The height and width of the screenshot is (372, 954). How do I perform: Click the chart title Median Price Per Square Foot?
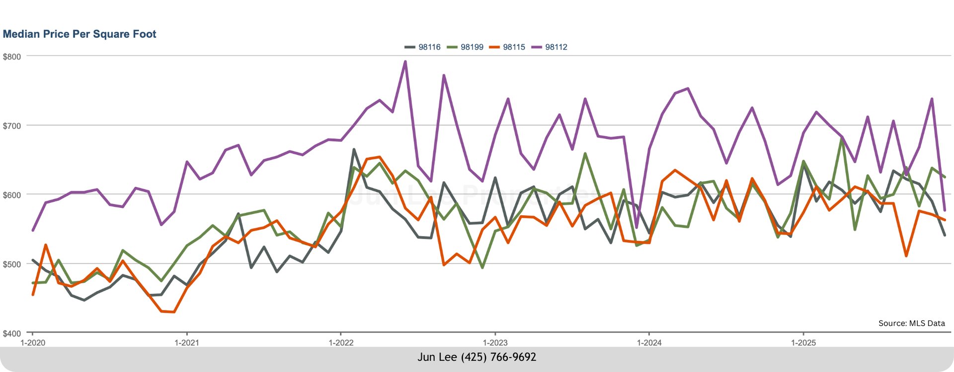tap(79, 34)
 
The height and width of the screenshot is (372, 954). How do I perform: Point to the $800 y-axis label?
tap(12, 57)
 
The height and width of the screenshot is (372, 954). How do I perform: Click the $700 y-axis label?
tap(12, 126)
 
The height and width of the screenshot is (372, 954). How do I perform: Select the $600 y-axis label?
tap(12, 195)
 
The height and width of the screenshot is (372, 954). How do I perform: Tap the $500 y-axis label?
tap(12, 264)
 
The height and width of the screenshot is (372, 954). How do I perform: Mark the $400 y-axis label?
tap(12, 333)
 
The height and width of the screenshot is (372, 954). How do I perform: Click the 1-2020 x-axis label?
tap(33, 343)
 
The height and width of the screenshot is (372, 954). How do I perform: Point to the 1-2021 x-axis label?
tap(187, 343)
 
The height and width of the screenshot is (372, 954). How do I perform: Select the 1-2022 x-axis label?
tap(341, 343)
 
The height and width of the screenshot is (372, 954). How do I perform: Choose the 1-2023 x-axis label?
tap(495, 343)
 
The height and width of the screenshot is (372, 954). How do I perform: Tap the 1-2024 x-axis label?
tap(649, 343)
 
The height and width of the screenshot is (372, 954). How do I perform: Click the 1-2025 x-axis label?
tap(803, 343)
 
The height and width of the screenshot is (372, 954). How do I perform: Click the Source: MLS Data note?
tap(911, 323)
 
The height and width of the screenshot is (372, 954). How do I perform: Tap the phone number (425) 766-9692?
tap(498, 357)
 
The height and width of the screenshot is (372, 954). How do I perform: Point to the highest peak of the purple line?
tap(405, 62)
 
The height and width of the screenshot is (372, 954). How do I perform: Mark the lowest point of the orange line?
tap(174, 312)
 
